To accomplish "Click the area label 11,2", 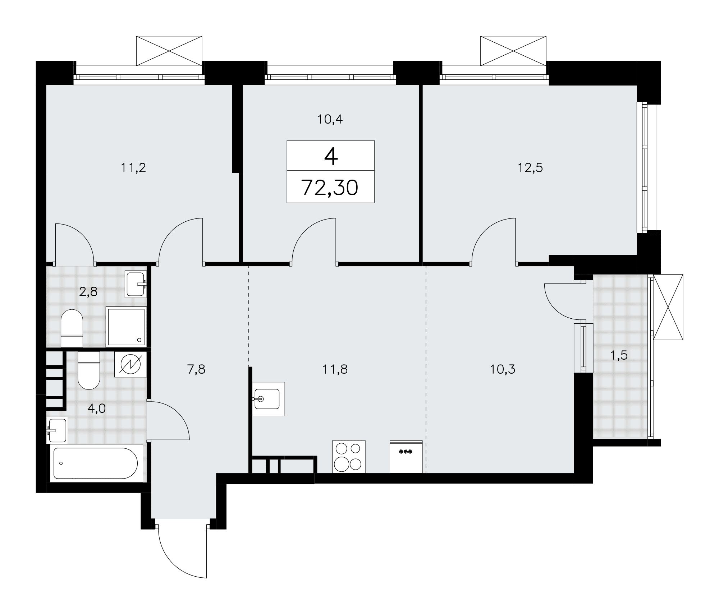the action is coord(133,168).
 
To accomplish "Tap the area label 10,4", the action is coord(330,119).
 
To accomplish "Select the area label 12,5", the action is coord(530,168).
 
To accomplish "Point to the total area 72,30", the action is coord(330,188).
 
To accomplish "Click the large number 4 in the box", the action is coord(331,156).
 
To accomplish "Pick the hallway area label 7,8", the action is coord(196,369).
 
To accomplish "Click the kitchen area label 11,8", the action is coord(335,369).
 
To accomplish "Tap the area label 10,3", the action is coord(503,369).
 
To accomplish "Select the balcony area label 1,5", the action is coord(619,355).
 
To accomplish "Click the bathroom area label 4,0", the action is coord(97,408).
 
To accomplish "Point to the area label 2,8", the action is coord(88,292).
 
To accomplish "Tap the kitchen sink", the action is coord(268,399).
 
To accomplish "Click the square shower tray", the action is coord(126,327).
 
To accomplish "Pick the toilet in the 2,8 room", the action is coord(72,328).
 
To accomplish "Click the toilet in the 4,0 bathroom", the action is coord(88,370).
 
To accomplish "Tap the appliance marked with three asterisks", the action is coord(406,456).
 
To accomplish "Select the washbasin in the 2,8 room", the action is coord(136,284).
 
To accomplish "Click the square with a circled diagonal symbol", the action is coord(130,364).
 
